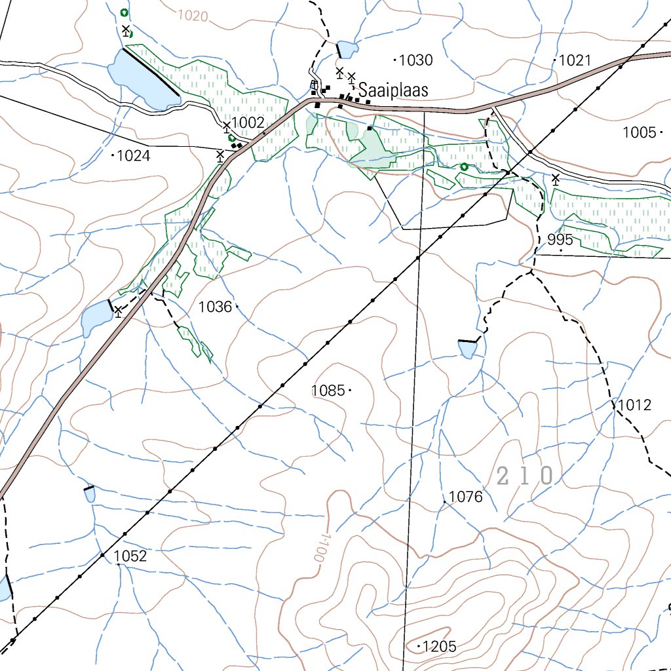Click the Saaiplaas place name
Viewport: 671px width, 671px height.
[393, 90]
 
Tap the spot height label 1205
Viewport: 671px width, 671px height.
[439, 647]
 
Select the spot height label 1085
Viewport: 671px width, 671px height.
[328, 391]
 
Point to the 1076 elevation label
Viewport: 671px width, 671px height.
[466, 497]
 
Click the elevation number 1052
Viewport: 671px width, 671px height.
[130, 556]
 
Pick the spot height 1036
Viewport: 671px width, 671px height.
[215, 306]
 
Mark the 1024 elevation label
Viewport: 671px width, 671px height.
[134, 156]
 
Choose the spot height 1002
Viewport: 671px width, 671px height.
[248, 123]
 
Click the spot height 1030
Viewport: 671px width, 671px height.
[416, 61]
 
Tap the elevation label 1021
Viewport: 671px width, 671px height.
[575, 61]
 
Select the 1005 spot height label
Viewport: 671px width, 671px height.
[639, 133]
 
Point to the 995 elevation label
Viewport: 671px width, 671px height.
[560, 240]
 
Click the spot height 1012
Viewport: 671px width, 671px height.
[635, 405]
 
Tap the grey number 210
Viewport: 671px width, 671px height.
[526, 476]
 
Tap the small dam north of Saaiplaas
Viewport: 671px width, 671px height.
[347, 49]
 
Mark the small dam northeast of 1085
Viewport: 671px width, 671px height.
[469, 349]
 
